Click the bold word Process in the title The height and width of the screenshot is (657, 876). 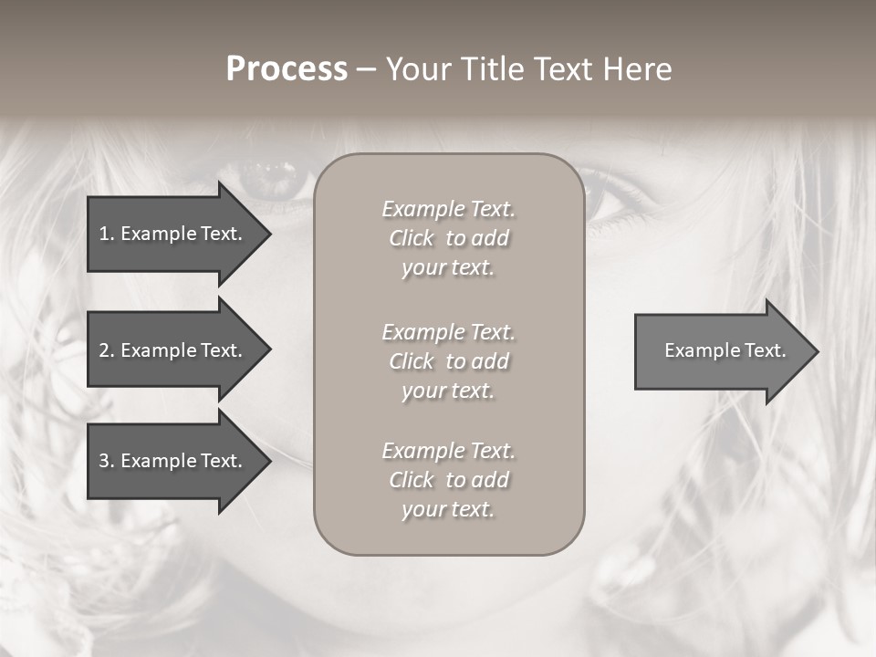coord(287,69)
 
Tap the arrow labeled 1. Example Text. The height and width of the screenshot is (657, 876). coord(173,234)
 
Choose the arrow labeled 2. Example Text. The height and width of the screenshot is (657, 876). coord(173,350)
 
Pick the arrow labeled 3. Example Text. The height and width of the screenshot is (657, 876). coord(173,461)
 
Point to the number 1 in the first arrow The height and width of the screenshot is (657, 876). coord(104,234)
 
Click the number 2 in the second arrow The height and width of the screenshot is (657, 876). coord(104,350)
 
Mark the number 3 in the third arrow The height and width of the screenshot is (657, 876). coord(104,461)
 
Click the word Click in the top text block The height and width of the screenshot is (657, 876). coord(412,238)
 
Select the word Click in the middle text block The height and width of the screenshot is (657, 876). coord(412,361)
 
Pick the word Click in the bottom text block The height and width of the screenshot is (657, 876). coord(412,480)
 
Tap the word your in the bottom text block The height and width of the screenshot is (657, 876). coord(421,510)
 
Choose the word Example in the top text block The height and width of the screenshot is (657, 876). coord(422,209)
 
